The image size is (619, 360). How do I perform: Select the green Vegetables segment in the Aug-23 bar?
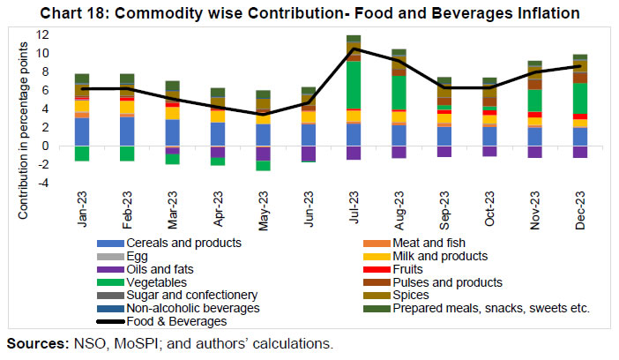(x=399, y=93)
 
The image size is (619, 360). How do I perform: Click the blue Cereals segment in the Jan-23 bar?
(x=82, y=131)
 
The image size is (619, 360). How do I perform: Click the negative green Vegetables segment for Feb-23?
(x=127, y=154)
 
